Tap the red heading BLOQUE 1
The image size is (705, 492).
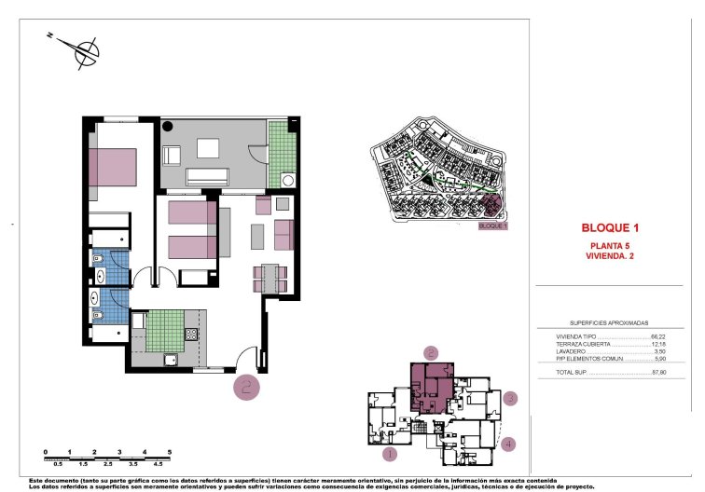tap(610, 227)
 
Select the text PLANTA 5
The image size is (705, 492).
tap(610, 245)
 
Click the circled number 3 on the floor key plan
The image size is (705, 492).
tap(509, 399)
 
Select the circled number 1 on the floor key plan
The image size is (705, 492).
tap(391, 455)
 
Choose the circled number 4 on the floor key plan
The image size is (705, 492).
tap(508, 444)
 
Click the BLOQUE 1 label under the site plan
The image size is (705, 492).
tap(491, 226)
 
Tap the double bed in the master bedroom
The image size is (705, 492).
tap(112, 168)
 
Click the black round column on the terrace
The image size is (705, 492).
tap(169, 126)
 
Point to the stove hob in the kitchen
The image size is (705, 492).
tap(191, 334)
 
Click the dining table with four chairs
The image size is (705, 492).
tap(270, 277)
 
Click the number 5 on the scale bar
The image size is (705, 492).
tap(169, 451)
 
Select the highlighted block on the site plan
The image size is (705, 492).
tap(491, 207)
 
